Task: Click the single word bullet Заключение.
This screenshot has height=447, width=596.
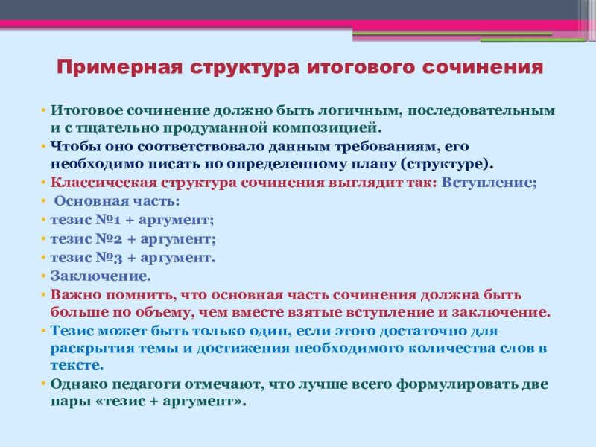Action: (x=101, y=276)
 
